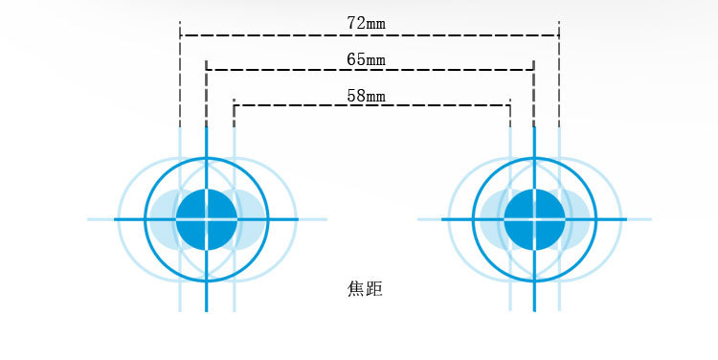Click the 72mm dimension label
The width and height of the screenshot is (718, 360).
pos(367,20)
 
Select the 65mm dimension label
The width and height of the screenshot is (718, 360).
pos(367,59)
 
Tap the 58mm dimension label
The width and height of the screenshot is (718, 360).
pos(367,95)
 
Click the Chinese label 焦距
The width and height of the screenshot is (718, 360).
pos(365,287)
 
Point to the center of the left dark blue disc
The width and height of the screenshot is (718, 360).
pos(206,219)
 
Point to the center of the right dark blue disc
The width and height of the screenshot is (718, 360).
pos(534,219)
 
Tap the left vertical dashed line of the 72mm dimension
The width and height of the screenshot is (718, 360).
pos(180,77)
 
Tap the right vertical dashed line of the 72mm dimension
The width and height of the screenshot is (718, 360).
pos(559,77)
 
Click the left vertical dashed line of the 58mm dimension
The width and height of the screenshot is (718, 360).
pos(234,113)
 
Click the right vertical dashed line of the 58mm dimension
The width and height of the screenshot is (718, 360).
pos(509,113)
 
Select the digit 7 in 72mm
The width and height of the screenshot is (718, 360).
pos(351,20)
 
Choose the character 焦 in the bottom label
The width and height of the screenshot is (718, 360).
pos(356,287)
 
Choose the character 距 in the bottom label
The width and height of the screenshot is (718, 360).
pos(374,287)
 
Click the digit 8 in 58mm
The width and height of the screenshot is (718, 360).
pos(360,95)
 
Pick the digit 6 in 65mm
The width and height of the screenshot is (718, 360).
pos(351,59)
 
